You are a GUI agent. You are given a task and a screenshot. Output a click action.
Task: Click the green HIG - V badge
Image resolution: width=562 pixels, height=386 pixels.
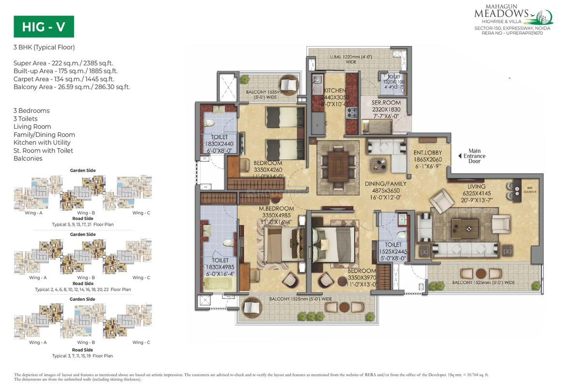[x=44, y=27]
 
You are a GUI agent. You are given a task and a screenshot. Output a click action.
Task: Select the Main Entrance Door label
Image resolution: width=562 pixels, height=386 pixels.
[x=474, y=156]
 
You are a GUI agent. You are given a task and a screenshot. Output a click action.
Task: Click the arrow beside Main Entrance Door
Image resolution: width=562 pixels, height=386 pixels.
[x=460, y=156]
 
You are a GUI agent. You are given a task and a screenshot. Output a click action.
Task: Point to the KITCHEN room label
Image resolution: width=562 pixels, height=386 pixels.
[x=335, y=91]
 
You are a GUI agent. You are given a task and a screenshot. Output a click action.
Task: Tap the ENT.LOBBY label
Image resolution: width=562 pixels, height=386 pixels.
[x=425, y=153]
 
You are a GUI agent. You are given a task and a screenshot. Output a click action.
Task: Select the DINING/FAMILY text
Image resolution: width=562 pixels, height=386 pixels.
[x=386, y=184]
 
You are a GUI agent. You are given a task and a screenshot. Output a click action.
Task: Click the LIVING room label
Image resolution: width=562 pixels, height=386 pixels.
[x=476, y=186]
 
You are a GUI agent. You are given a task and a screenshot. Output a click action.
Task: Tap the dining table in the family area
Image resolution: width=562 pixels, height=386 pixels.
[x=338, y=164]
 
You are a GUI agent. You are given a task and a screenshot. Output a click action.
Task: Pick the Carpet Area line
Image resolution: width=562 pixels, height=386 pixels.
[x=64, y=79]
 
